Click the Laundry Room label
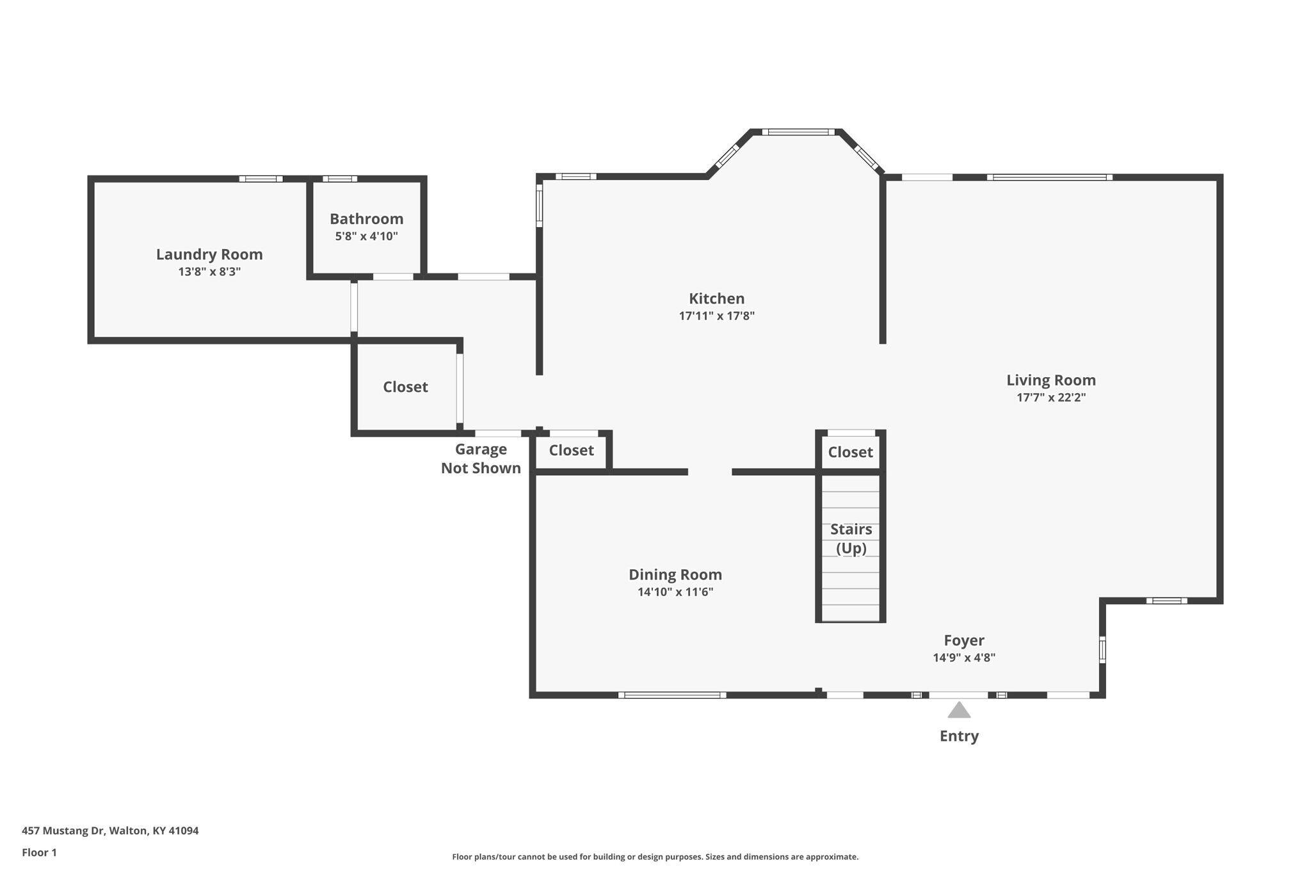click(x=209, y=254)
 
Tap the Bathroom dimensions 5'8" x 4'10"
click(x=366, y=236)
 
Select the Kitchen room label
click(x=716, y=298)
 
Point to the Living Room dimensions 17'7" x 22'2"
click(x=1050, y=397)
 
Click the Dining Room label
click(x=675, y=574)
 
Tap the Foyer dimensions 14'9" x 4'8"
click(x=963, y=657)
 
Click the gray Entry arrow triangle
click(x=958, y=710)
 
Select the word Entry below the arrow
click(x=958, y=736)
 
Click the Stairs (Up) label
click(x=851, y=538)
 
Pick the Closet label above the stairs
click(x=850, y=452)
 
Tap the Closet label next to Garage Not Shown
click(x=571, y=450)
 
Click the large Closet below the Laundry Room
click(x=405, y=387)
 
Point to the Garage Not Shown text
click(x=481, y=458)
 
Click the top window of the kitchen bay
click(x=798, y=132)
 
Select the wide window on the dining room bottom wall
click(x=672, y=695)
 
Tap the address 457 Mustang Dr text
click(x=110, y=830)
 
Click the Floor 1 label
click(x=39, y=852)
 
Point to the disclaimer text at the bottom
click(x=655, y=857)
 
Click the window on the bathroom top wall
click(x=339, y=179)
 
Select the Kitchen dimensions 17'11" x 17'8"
click(x=716, y=316)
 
